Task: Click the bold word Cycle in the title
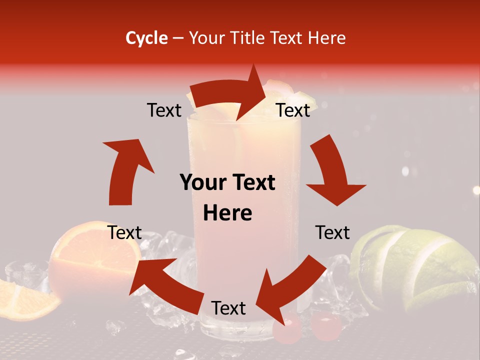pos(146,38)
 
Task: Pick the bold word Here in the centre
pos(227,213)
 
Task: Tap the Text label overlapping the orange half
pos(124,232)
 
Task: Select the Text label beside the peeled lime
pos(332,232)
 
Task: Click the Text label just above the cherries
pos(228,308)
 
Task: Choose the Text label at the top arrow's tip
pos(293,110)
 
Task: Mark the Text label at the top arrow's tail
pos(164,110)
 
